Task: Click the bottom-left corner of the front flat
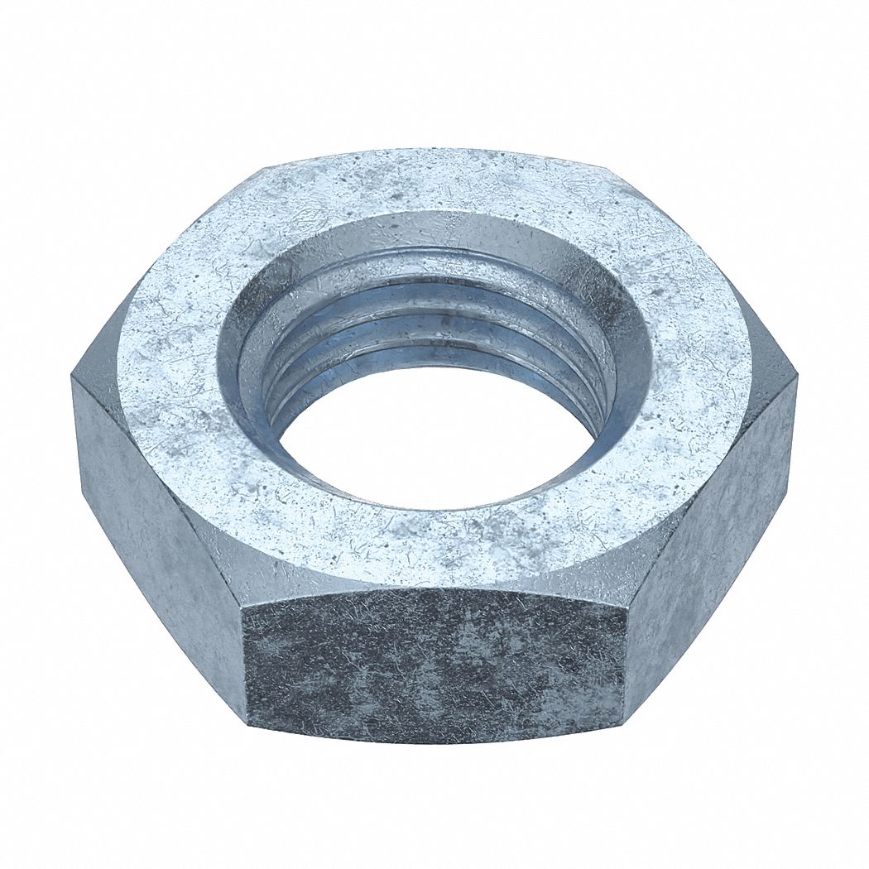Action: [x=248, y=720]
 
